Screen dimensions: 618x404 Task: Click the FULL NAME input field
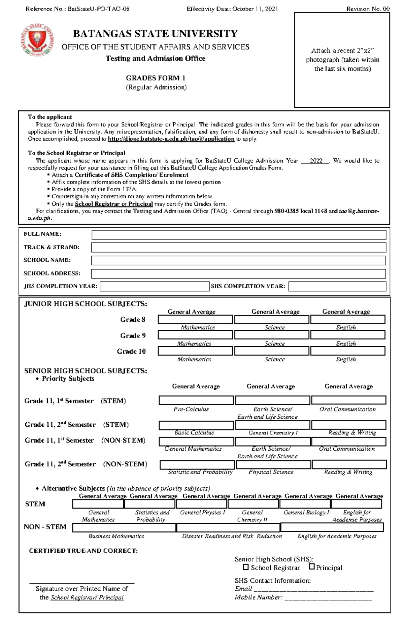click(239, 235)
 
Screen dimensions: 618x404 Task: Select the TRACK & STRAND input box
click(239, 248)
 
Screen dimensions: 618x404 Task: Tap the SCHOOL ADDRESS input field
click(239, 273)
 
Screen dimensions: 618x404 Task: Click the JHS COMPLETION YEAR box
click(155, 286)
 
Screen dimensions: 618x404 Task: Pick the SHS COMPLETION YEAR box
click(337, 286)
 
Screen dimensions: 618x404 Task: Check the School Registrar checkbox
click(246, 567)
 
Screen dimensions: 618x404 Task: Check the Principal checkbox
click(311, 567)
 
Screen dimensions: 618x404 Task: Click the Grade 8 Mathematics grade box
click(195, 319)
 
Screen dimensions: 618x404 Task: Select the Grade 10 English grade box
click(348, 351)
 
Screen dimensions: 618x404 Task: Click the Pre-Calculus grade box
click(196, 400)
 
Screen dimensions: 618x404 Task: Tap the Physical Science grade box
click(273, 465)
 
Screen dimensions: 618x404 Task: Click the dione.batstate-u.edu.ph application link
click(171, 139)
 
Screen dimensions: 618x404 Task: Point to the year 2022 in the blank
click(315, 161)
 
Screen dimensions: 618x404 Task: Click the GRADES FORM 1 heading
click(156, 78)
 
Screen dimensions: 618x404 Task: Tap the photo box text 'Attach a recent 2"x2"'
click(342, 51)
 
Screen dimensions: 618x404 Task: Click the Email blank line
click(313, 589)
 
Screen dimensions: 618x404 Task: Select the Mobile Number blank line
click(328, 598)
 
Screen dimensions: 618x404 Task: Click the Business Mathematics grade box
click(124, 527)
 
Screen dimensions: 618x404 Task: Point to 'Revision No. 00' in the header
click(368, 9)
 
